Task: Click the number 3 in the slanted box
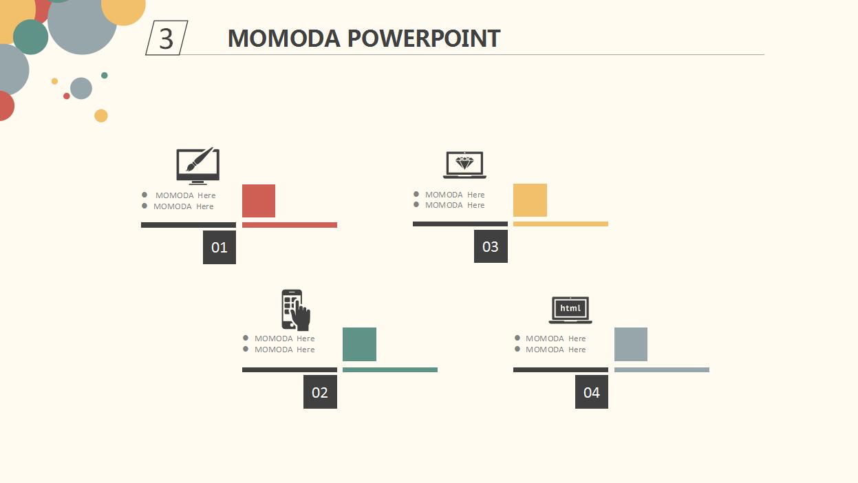[166, 39]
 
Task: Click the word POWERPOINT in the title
[424, 39]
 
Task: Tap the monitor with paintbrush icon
[197, 166]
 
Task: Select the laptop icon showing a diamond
[464, 165]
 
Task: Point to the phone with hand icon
[296, 310]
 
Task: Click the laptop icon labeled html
[570, 310]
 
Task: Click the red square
[259, 201]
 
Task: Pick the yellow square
[530, 200]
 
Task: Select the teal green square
[359, 344]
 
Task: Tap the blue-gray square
[631, 344]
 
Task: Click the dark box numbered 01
[219, 247]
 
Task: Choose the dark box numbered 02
[320, 392]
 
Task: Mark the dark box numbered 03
[491, 246]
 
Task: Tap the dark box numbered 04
[592, 392]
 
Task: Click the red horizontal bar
[290, 225]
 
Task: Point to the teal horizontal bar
[390, 369]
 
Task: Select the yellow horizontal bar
[561, 224]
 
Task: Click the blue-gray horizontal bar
[662, 369]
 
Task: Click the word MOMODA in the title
[284, 39]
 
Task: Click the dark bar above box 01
[189, 225]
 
